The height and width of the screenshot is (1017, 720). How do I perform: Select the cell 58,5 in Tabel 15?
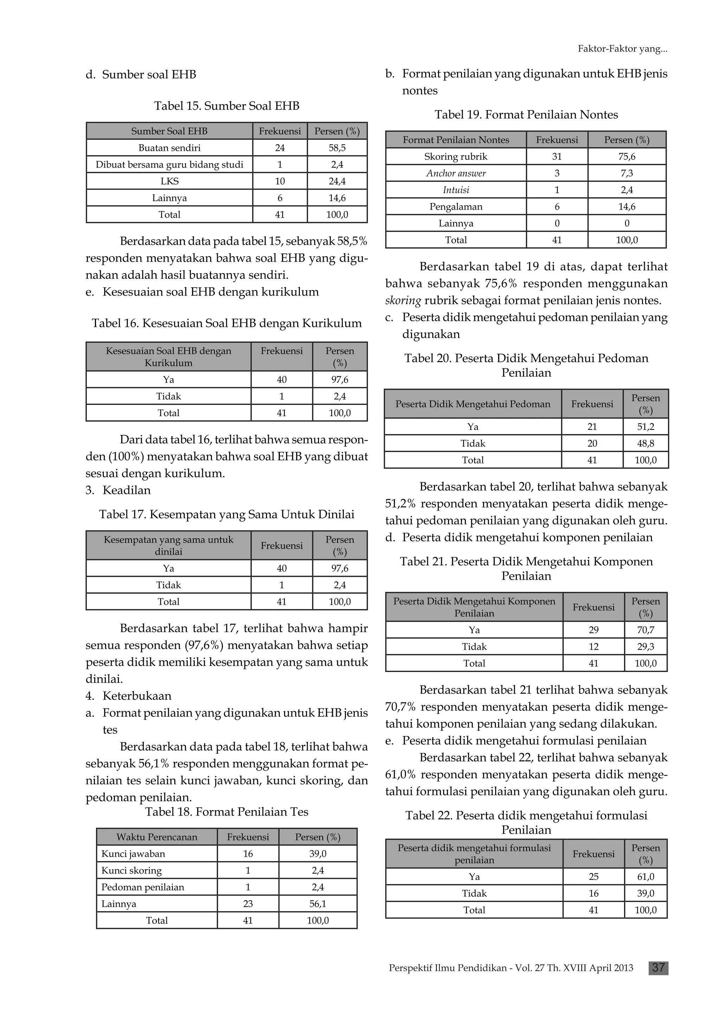click(x=337, y=148)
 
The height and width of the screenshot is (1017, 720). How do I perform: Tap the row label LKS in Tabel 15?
click(x=169, y=181)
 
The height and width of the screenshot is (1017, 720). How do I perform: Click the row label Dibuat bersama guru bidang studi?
click(x=169, y=165)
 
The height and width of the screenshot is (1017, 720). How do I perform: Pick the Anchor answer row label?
click(x=456, y=173)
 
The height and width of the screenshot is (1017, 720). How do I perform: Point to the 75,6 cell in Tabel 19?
click(x=626, y=156)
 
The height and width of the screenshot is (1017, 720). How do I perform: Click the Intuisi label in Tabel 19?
click(x=456, y=190)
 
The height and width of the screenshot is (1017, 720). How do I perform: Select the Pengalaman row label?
click(x=456, y=207)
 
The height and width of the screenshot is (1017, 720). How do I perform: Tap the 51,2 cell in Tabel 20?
click(x=645, y=426)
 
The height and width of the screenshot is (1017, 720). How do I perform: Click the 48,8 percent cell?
click(x=645, y=443)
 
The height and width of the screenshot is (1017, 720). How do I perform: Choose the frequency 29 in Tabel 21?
click(x=593, y=630)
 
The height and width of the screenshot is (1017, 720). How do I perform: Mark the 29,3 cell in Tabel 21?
click(x=645, y=646)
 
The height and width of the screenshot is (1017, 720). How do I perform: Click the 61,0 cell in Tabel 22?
click(x=645, y=876)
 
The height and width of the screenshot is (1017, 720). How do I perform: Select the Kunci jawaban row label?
click(x=133, y=854)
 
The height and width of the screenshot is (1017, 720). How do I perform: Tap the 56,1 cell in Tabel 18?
click(x=317, y=903)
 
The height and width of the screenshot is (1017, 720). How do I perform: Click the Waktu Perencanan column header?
click(x=156, y=837)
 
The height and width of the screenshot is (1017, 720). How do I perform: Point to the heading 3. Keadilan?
click(x=118, y=490)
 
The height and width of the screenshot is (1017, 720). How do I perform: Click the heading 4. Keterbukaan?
click(x=129, y=696)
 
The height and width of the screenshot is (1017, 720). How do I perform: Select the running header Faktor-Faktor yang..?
click(x=622, y=49)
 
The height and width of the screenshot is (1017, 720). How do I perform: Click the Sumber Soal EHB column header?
click(x=169, y=131)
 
